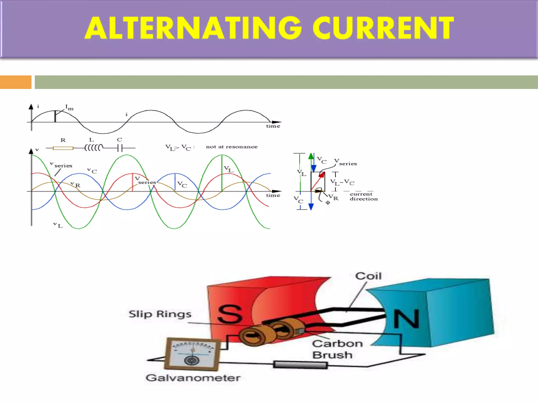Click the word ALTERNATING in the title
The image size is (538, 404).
coord(193,28)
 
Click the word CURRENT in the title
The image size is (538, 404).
coord(383,28)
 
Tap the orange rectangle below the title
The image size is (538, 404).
coord(15,82)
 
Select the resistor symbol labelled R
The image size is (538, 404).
coord(63,148)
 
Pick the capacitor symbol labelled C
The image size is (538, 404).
coord(120,148)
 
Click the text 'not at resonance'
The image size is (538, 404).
coord(231,147)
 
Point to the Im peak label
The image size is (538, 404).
coord(69,108)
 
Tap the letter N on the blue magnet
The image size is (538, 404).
coord(406,319)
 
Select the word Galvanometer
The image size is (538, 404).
coord(193,378)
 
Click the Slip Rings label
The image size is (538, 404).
coord(160,314)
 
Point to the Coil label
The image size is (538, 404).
coord(368,276)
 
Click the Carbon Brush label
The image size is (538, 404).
coord(337,349)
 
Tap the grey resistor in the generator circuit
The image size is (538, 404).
coord(300,365)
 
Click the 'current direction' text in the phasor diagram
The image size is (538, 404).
coord(364,196)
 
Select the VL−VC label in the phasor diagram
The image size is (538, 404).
coord(342,182)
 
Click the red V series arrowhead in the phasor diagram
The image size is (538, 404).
coord(322,175)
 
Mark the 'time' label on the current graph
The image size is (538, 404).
coord(273,126)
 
